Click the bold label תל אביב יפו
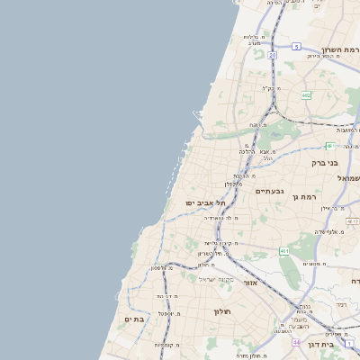(x=203, y=202)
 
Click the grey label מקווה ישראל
(x=215, y=279)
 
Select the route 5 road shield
(x=296, y=46)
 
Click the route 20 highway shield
(x=273, y=55)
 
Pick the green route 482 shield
(x=306, y=94)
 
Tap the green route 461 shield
(x=284, y=250)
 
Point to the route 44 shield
(x=296, y=343)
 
